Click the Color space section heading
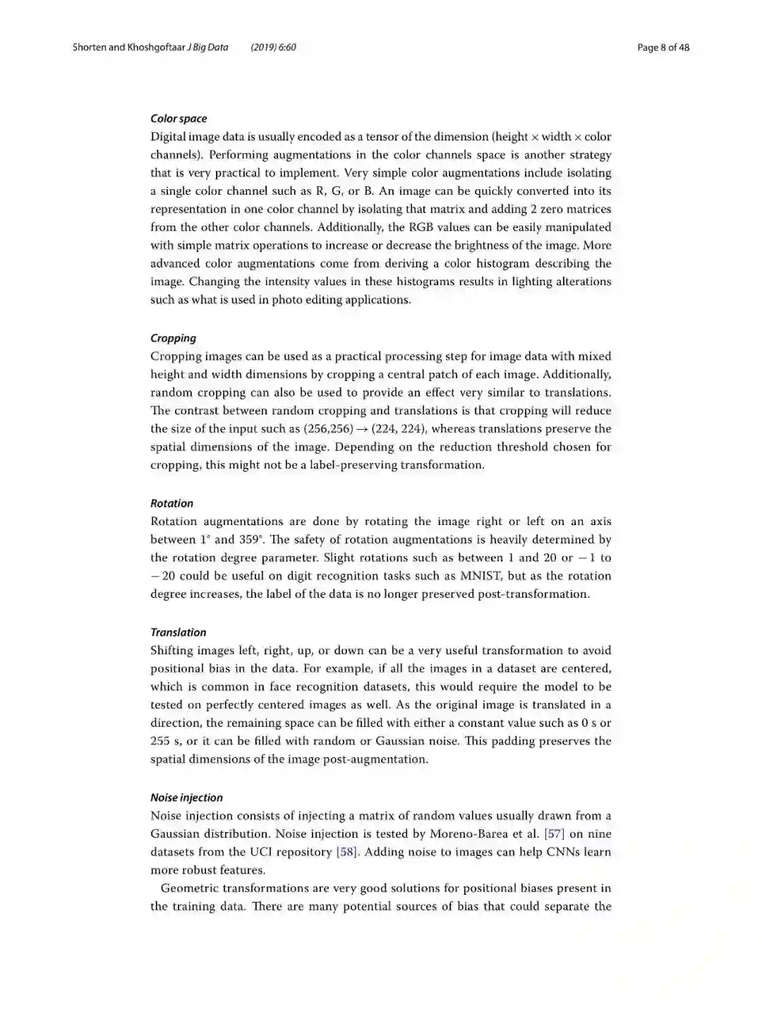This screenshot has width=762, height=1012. coord(179,119)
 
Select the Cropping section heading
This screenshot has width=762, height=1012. coord(173,338)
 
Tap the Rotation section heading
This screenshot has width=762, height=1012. coord(171,503)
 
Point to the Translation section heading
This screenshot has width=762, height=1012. coord(178,632)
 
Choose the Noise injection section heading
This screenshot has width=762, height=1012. coord(186,797)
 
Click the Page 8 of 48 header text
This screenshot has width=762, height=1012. coord(663,47)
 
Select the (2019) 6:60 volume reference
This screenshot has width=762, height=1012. coord(273,47)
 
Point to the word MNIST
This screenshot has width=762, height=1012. coord(480,576)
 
